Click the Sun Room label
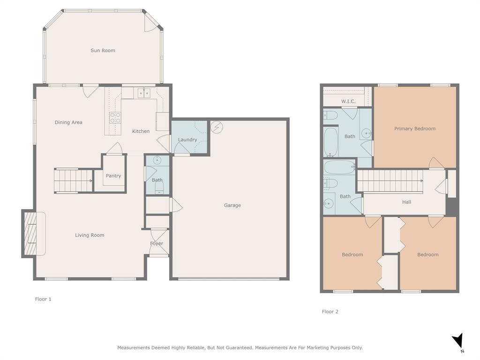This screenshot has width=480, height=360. coord(103,51)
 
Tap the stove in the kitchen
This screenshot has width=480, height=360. coord(115,118)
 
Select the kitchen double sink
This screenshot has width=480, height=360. coord(144,94)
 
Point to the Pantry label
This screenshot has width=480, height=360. coord(113,176)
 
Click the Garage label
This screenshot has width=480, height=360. coord(232,205)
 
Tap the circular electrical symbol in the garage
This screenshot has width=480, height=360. coord(216,127)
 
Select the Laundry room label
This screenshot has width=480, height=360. coord(187,140)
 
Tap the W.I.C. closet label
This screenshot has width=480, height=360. coord(348,101)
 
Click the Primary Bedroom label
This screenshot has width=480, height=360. coord(414,128)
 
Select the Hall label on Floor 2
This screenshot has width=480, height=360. coord(406,202)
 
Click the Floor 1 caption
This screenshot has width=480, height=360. coord(43,299)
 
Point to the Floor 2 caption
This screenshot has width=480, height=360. coord(330,311)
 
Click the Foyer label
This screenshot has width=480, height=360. coord(157,243)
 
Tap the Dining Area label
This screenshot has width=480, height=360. coord(68,122)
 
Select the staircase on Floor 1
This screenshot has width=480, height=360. coord(73,180)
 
